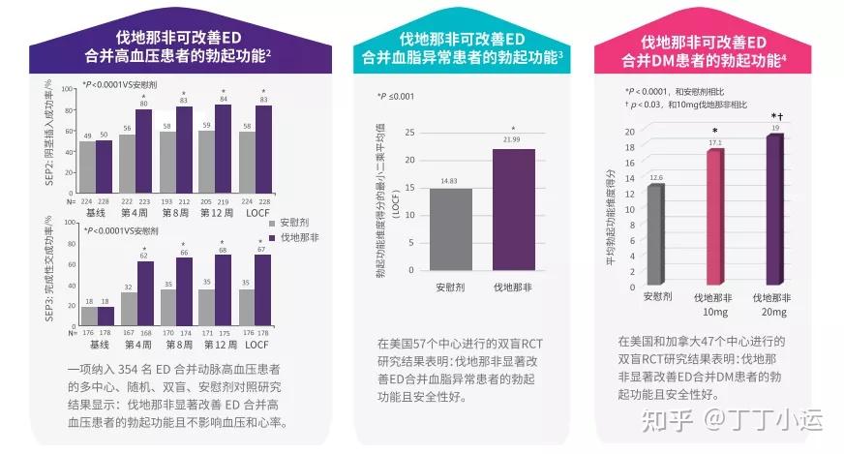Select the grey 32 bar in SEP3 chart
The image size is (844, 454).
[127, 305]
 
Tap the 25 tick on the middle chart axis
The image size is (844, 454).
[408, 132]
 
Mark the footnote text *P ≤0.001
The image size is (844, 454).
[395, 96]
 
